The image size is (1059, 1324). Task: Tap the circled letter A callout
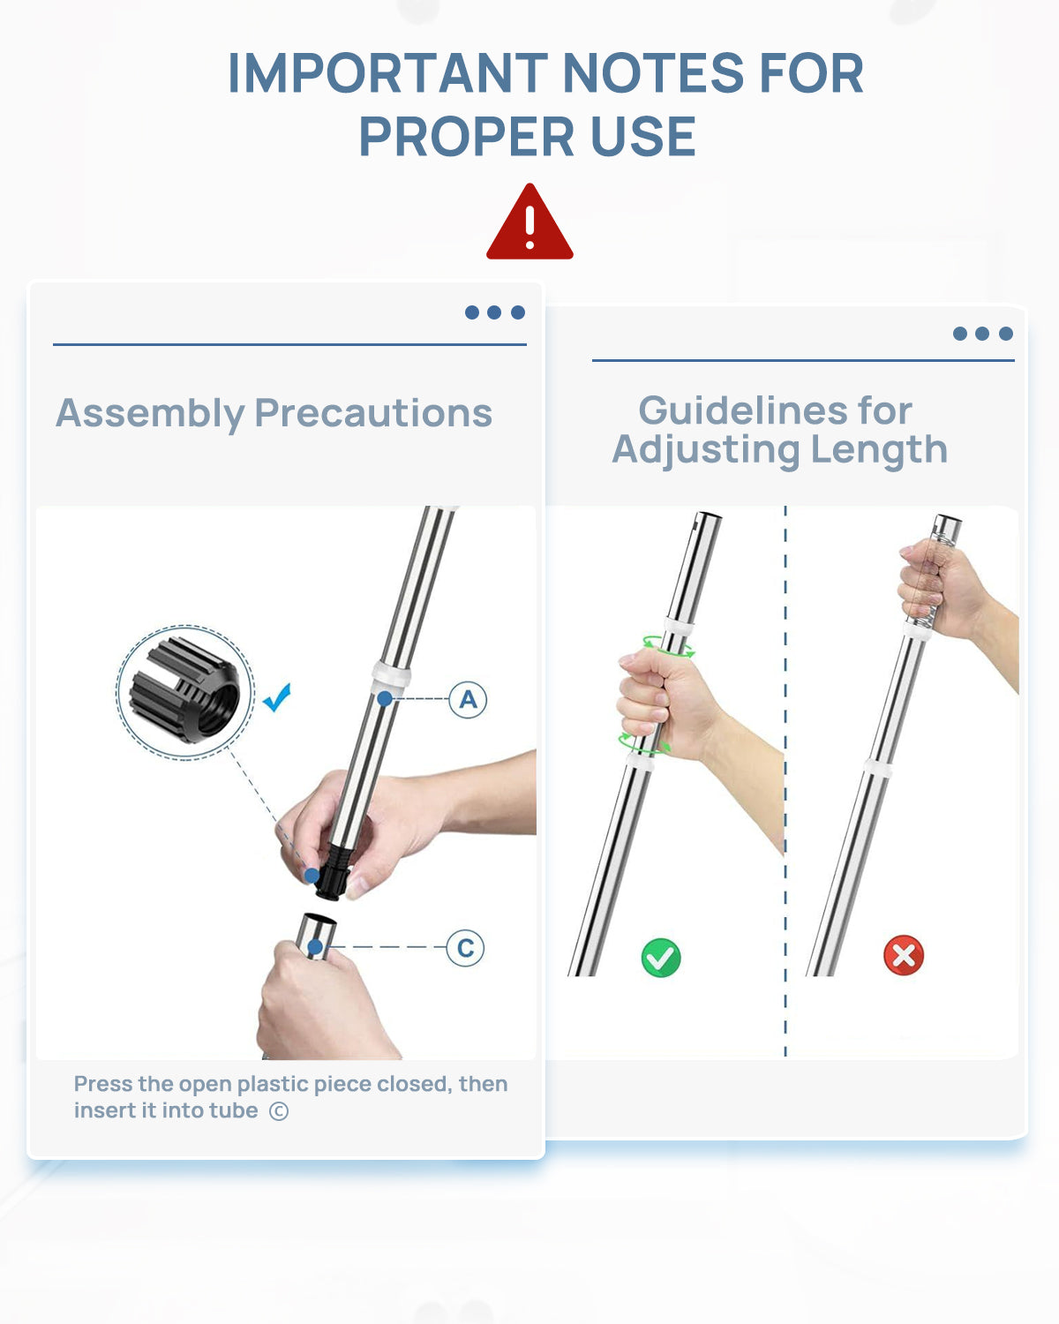click(468, 700)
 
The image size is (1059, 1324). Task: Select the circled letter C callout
click(465, 947)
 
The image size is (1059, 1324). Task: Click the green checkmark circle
click(661, 958)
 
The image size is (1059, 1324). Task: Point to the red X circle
click(904, 955)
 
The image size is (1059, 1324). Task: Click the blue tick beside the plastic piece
click(277, 697)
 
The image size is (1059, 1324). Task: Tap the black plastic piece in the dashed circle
click(184, 689)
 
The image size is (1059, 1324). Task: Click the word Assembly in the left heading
click(150, 413)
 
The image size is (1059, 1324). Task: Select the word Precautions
click(373, 412)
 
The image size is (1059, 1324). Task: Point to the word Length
click(879, 451)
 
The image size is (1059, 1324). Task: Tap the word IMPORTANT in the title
click(387, 73)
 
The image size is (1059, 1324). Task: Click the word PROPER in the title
click(467, 137)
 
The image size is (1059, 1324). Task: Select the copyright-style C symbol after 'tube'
click(279, 1111)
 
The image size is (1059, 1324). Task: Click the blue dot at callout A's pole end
click(385, 699)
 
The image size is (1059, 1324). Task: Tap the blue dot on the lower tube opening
click(314, 947)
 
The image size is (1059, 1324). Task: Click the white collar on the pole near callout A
click(391, 674)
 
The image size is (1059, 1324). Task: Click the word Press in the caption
click(103, 1084)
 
